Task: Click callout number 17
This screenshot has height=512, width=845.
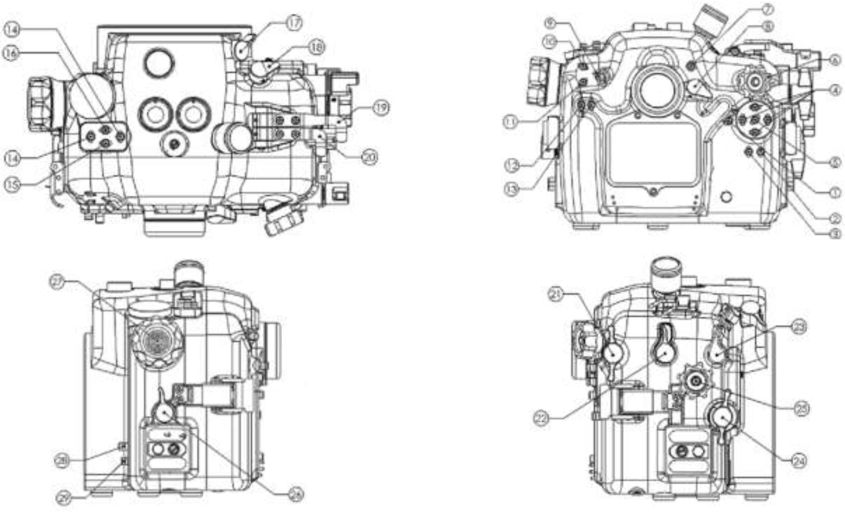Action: click(x=295, y=23)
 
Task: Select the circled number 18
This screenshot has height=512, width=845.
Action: click(x=317, y=47)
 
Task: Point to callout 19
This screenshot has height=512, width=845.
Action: click(x=380, y=108)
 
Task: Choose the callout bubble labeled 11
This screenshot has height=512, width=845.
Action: click(x=511, y=122)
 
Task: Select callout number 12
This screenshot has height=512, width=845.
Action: click(x=512, y=165)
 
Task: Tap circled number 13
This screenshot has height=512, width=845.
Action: click(x=511, y=189)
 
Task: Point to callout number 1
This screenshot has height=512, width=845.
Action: click(x=834, y=192)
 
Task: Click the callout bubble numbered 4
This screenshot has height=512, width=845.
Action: click(x=834, y=90)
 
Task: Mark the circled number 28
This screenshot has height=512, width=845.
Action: click(x=62, y=460)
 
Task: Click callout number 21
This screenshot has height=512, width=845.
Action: click(x=556, y=295)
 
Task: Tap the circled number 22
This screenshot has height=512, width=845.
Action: click(x=541, y=418)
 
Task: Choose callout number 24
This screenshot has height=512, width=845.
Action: click(x=799, y=461)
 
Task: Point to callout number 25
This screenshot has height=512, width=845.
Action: click(x=801, y=408)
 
